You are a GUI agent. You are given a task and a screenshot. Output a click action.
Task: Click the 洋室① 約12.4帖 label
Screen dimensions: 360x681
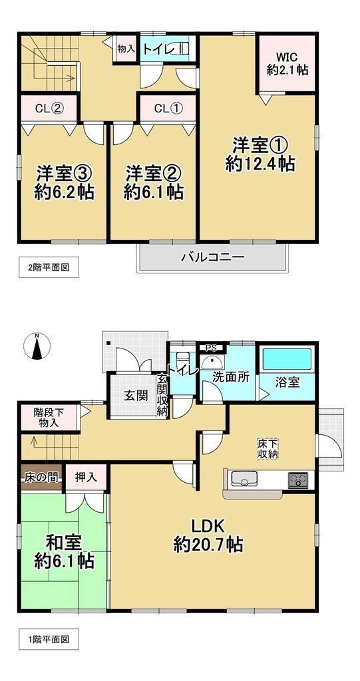pos(260,155)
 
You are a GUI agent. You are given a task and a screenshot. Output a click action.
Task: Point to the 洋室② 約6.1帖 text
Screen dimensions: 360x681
pos(153,182)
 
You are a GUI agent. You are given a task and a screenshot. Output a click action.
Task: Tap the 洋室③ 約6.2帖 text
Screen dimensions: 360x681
pos(64,182)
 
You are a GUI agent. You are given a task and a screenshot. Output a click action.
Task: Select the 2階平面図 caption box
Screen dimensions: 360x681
pos(49,267)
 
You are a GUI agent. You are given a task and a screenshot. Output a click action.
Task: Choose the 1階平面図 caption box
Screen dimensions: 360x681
pos(49,639)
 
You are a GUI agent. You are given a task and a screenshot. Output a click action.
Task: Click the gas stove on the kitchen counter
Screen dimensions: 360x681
pos(298,480)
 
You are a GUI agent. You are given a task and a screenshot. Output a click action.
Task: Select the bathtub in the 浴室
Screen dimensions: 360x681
pos(287,359)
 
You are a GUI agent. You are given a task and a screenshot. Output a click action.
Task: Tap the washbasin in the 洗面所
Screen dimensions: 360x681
pos(212,362)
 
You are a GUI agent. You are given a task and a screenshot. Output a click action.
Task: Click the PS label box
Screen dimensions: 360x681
pos(212,347)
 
